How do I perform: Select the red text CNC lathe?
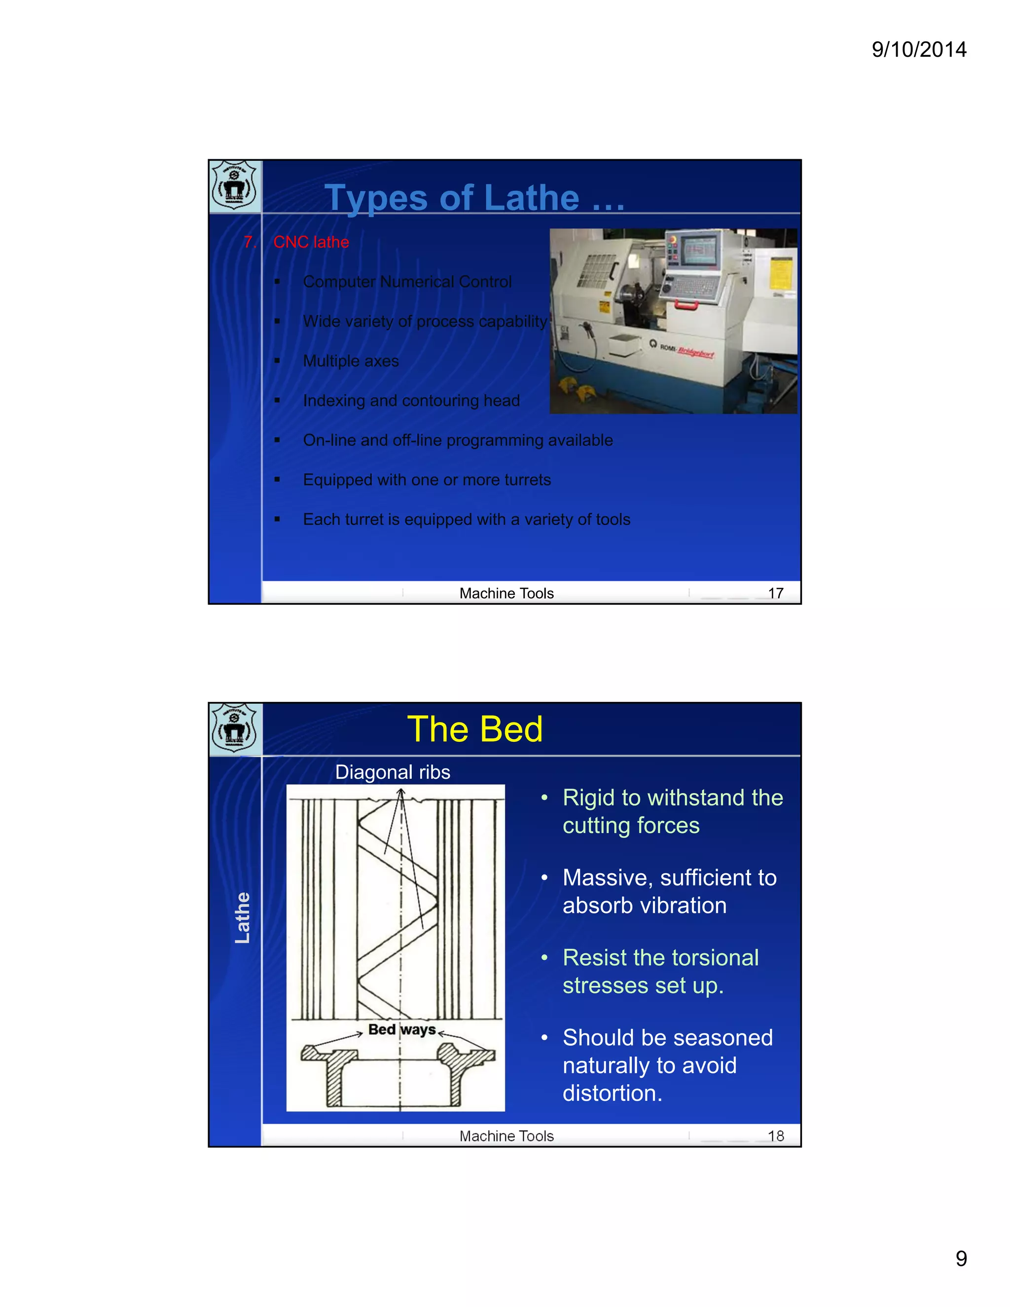[x=311, y=242]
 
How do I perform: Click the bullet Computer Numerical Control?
[x=407, y=282]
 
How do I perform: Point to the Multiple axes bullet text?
[x=351, y=362]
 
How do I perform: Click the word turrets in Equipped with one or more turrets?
[x=527, y=480]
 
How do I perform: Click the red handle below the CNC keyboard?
[x=686, y=305]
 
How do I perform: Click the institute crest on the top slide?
[x=235, y=186]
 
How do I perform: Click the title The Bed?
[x=474, y=729]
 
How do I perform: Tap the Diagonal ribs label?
[x=393, y=772]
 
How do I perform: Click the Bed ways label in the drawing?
[x=401, y=1030]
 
